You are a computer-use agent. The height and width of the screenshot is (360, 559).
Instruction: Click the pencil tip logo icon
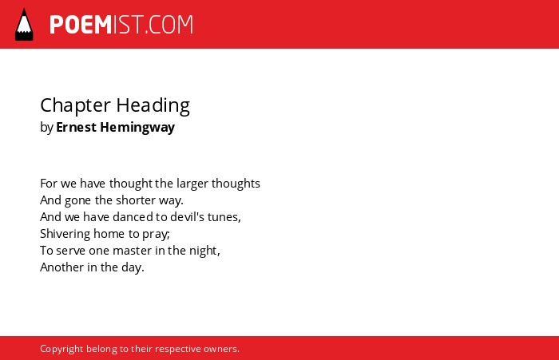tap(24, 25)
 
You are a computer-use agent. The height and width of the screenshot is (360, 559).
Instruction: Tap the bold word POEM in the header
tap(81, 25)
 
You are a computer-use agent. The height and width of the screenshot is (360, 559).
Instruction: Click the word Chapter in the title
tap(76, 106)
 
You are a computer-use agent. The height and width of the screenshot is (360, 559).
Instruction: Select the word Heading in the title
tap(153, 106)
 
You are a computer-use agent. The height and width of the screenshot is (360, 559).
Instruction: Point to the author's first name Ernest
tap(77, 127)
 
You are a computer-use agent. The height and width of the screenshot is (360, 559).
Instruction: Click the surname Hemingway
tap(137, 128)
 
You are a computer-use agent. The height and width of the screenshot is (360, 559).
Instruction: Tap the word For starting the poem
tap(49, 184)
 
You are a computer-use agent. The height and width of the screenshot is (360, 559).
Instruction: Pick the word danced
tap(133, 217)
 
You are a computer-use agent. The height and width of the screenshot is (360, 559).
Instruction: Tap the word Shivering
tap(65, 234)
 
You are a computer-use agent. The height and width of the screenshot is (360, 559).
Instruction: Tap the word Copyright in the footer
tap(61, 349)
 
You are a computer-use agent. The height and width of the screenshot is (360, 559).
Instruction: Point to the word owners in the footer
tap(221, 350)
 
